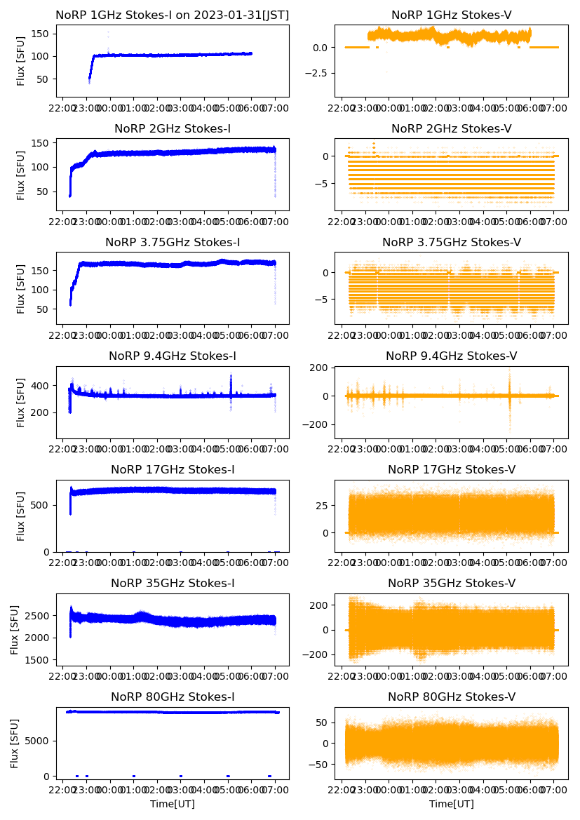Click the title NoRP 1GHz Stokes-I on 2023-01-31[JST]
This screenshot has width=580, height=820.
173,15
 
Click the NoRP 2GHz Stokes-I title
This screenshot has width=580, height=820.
173,128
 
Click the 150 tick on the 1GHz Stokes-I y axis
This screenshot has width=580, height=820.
43,33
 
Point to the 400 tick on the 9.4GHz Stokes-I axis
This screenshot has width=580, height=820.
43,385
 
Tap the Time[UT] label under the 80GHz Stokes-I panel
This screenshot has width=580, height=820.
173,804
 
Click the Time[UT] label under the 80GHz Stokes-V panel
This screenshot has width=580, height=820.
452,804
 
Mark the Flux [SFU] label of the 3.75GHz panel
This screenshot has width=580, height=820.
21,288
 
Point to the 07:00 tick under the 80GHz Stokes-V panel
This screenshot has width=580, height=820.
554,791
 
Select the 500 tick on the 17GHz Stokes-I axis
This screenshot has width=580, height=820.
43,504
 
